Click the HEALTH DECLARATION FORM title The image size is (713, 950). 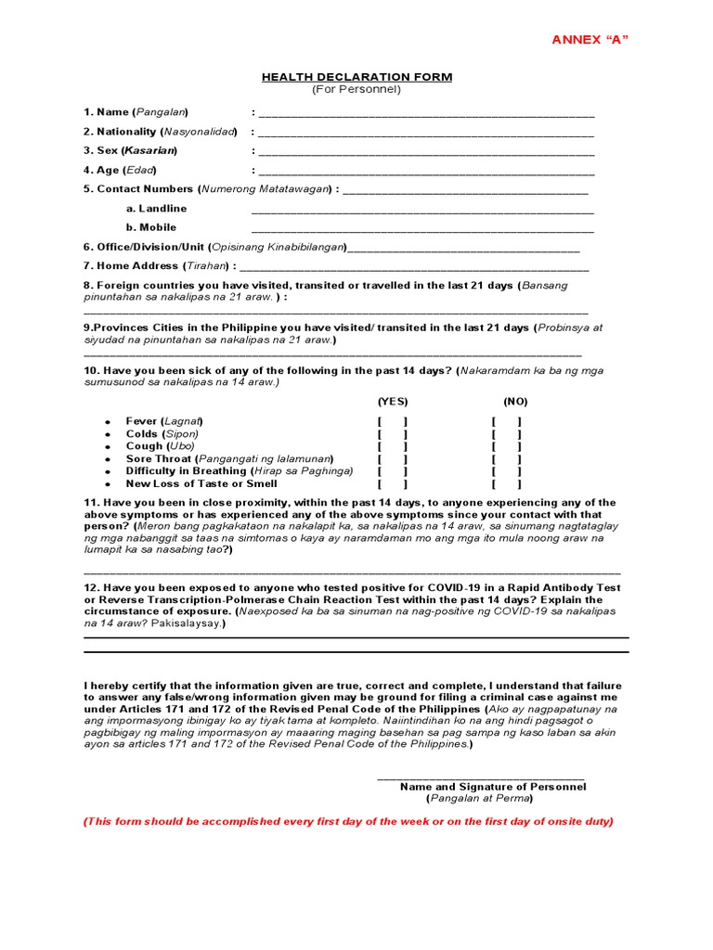click(356, 77)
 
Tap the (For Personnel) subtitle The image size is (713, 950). click(356, 90)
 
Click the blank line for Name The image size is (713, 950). click(426, 116)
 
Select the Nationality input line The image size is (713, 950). click(426, 135)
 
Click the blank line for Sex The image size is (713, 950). click(426, 153)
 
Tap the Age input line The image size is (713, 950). click(426, 173)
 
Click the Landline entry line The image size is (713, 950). click(422, 212)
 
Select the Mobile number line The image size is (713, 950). click(422, 230)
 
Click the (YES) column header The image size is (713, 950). click(392, 402)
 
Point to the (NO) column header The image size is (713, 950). click(515, 402)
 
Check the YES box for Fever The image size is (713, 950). click(392, 422)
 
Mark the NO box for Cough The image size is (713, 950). click(507, 446)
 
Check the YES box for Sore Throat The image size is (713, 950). click(392, 459)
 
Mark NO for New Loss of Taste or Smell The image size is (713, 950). click(507, 484)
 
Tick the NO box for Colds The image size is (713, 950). click(507, 434)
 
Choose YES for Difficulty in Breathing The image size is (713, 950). click(392, 471)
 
